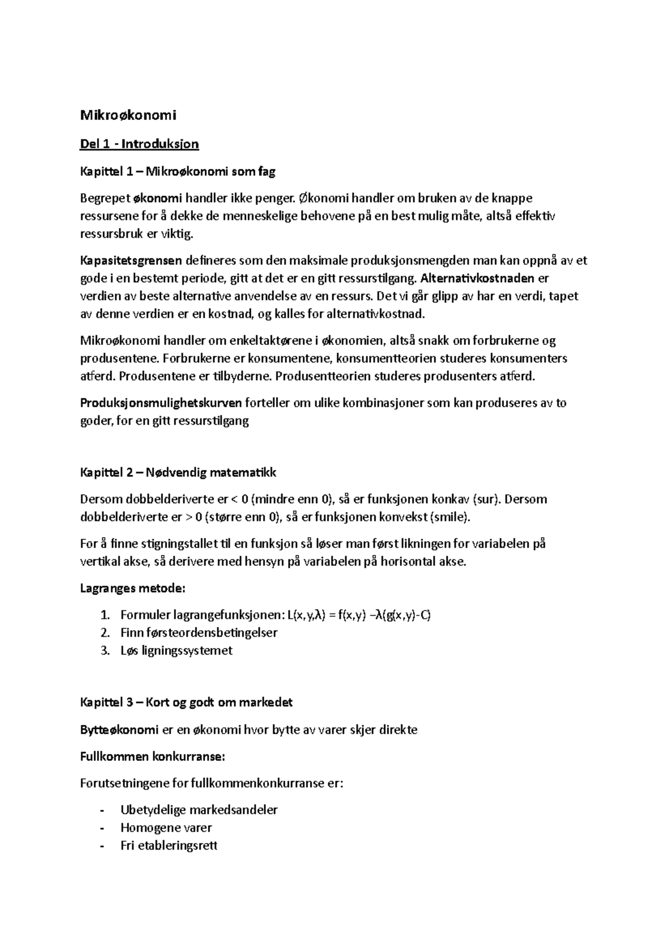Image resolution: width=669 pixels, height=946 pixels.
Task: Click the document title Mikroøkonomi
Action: click(x=128, y=115)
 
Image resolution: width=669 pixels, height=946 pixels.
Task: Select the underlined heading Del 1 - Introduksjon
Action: click(x=139, y=144)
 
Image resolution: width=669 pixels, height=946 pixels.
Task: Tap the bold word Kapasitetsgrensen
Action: click(x=131, y=260)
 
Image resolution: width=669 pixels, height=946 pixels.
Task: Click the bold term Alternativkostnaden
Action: click(x=478, y=278)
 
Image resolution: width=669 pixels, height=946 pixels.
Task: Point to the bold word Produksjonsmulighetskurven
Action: click(x=161, y=403)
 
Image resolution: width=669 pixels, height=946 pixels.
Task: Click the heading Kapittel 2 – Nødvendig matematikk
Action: click(x=178, y=473)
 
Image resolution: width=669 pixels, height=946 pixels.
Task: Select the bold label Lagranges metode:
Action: click(x=133, y=588)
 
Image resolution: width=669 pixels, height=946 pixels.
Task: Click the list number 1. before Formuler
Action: click(x=105, y=615)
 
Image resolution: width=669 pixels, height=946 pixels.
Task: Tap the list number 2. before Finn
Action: click(x=105, y=633)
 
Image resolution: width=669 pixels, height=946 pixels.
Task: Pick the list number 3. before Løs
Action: click(x=105, y=651)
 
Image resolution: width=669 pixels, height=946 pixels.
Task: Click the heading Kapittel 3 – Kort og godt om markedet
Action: click(x=186, y=703)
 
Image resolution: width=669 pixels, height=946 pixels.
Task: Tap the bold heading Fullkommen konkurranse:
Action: click(x=153, y=757)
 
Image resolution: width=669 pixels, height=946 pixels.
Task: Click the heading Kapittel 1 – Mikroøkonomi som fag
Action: click(x=178, y=172)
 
